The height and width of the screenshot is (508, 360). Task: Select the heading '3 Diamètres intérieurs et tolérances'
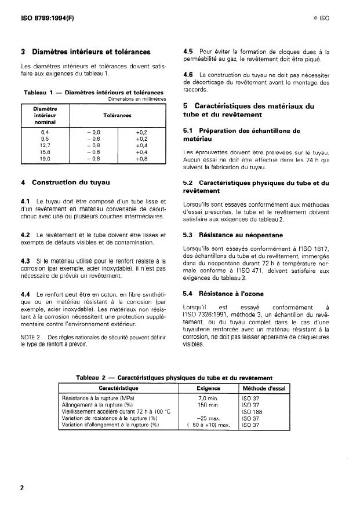85,52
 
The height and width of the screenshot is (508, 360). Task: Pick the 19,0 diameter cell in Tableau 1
45,158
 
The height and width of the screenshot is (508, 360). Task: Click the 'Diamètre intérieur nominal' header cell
45,115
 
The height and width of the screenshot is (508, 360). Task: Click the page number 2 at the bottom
22,488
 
